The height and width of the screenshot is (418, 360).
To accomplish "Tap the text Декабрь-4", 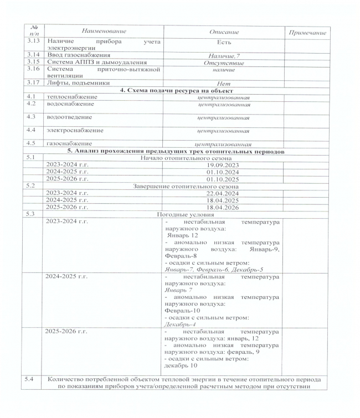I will (x=181, y=324).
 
